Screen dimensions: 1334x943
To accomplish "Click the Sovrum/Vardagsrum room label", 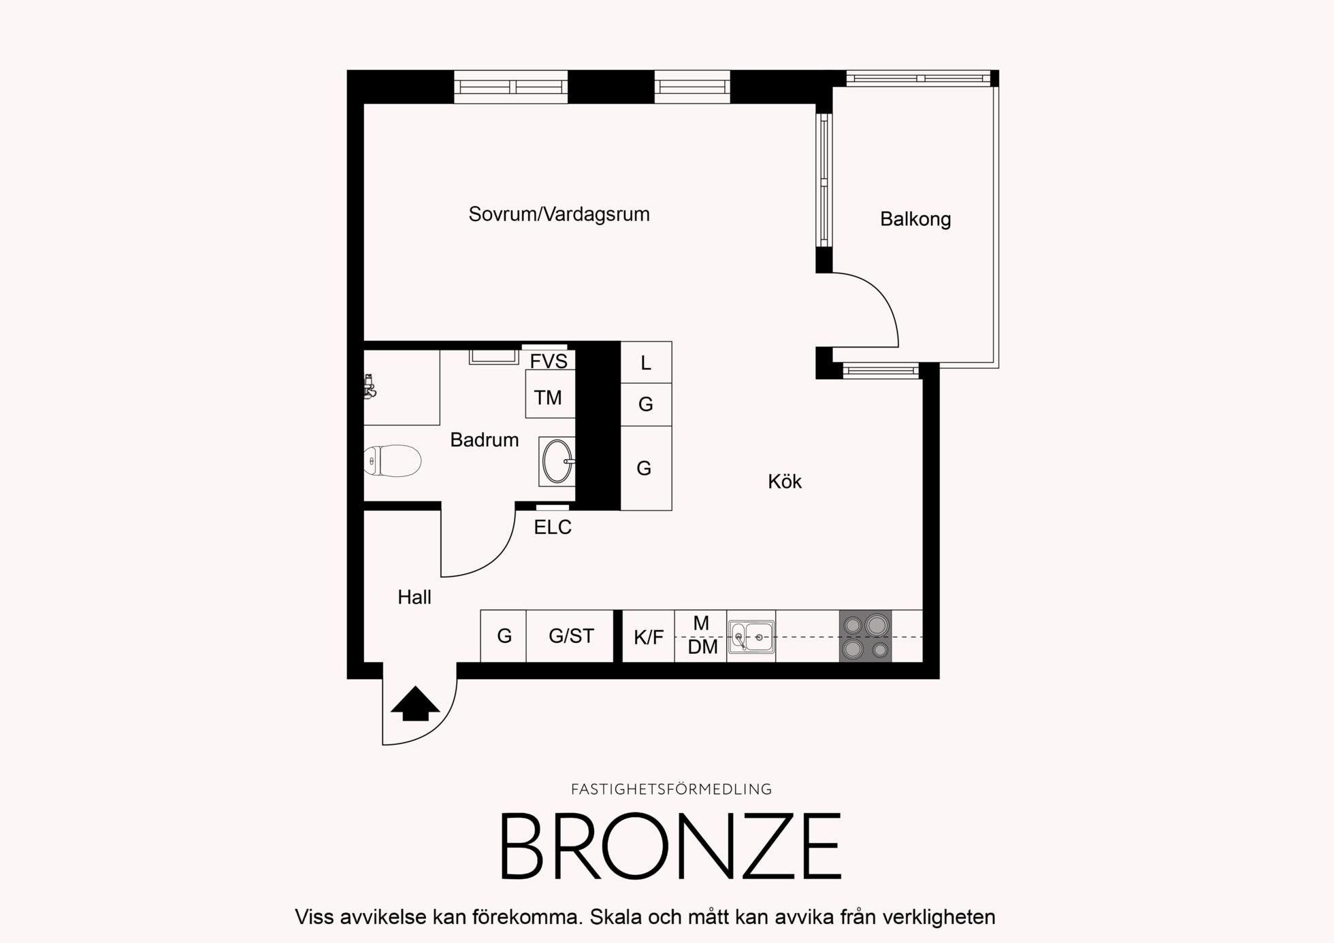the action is point(559,214).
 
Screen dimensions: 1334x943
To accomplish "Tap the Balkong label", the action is point(915,219).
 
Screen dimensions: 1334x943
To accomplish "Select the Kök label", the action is point(785,482).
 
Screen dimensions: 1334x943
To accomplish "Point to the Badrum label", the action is point(485,440).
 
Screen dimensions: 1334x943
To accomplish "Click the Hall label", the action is point(414,597).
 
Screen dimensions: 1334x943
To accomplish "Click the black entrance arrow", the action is point(415,704).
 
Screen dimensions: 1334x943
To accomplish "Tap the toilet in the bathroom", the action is point(392,461).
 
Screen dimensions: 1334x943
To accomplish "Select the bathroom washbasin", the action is point(557,461).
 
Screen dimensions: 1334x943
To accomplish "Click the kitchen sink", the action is point(751,637).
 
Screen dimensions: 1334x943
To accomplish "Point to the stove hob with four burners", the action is point(865,636).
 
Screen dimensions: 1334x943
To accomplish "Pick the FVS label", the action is point(549,361).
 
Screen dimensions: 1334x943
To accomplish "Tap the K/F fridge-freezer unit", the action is point(649,636).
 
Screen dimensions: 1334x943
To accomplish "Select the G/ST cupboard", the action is point(570,636).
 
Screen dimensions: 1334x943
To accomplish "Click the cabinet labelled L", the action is point(646,363).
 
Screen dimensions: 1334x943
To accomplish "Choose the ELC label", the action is point(553,527).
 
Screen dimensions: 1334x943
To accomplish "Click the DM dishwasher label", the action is point(702,647).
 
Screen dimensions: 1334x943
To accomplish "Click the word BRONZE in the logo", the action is point(671,846).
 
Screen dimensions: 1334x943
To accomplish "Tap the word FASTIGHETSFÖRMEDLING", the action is point(671,789).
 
